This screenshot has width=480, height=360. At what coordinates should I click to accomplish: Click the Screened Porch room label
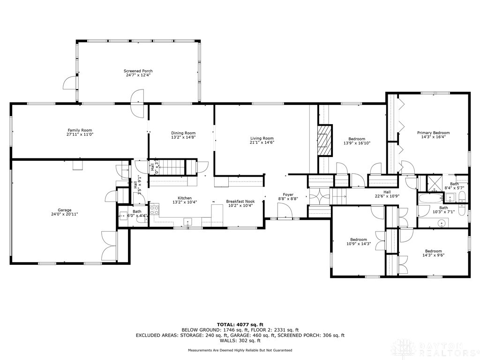point(139,71)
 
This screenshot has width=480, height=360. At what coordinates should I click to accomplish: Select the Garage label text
point(65,210)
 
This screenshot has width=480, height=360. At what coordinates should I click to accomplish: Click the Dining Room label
point(183,133)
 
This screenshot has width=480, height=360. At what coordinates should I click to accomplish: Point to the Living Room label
point(262,138)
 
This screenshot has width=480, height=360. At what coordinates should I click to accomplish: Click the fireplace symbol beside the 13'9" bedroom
point(324,141)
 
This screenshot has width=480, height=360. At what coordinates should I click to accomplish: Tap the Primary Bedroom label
point(433,133)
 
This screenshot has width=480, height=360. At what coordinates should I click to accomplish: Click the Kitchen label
point(184,198)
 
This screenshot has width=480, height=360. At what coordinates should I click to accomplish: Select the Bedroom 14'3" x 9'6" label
point(433,251)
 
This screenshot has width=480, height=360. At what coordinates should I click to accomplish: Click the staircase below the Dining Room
point(172,167)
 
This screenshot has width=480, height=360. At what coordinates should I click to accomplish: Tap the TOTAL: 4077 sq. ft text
point(240,324)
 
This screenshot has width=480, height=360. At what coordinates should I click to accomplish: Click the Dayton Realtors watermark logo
point(436,348)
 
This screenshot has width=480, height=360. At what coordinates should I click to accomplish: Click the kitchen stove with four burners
point(154,209)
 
